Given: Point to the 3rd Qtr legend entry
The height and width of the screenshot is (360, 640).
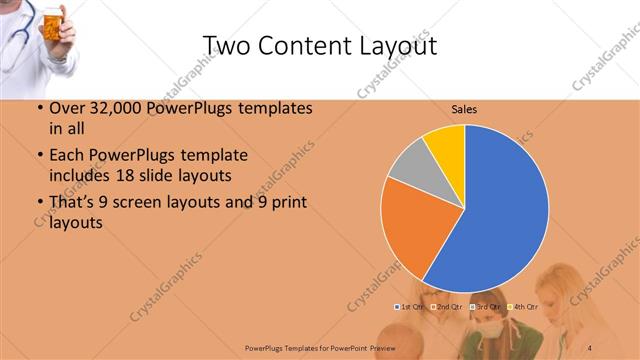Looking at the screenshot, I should (487, 306).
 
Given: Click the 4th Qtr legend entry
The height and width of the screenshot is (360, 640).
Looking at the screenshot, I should (525, 306).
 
